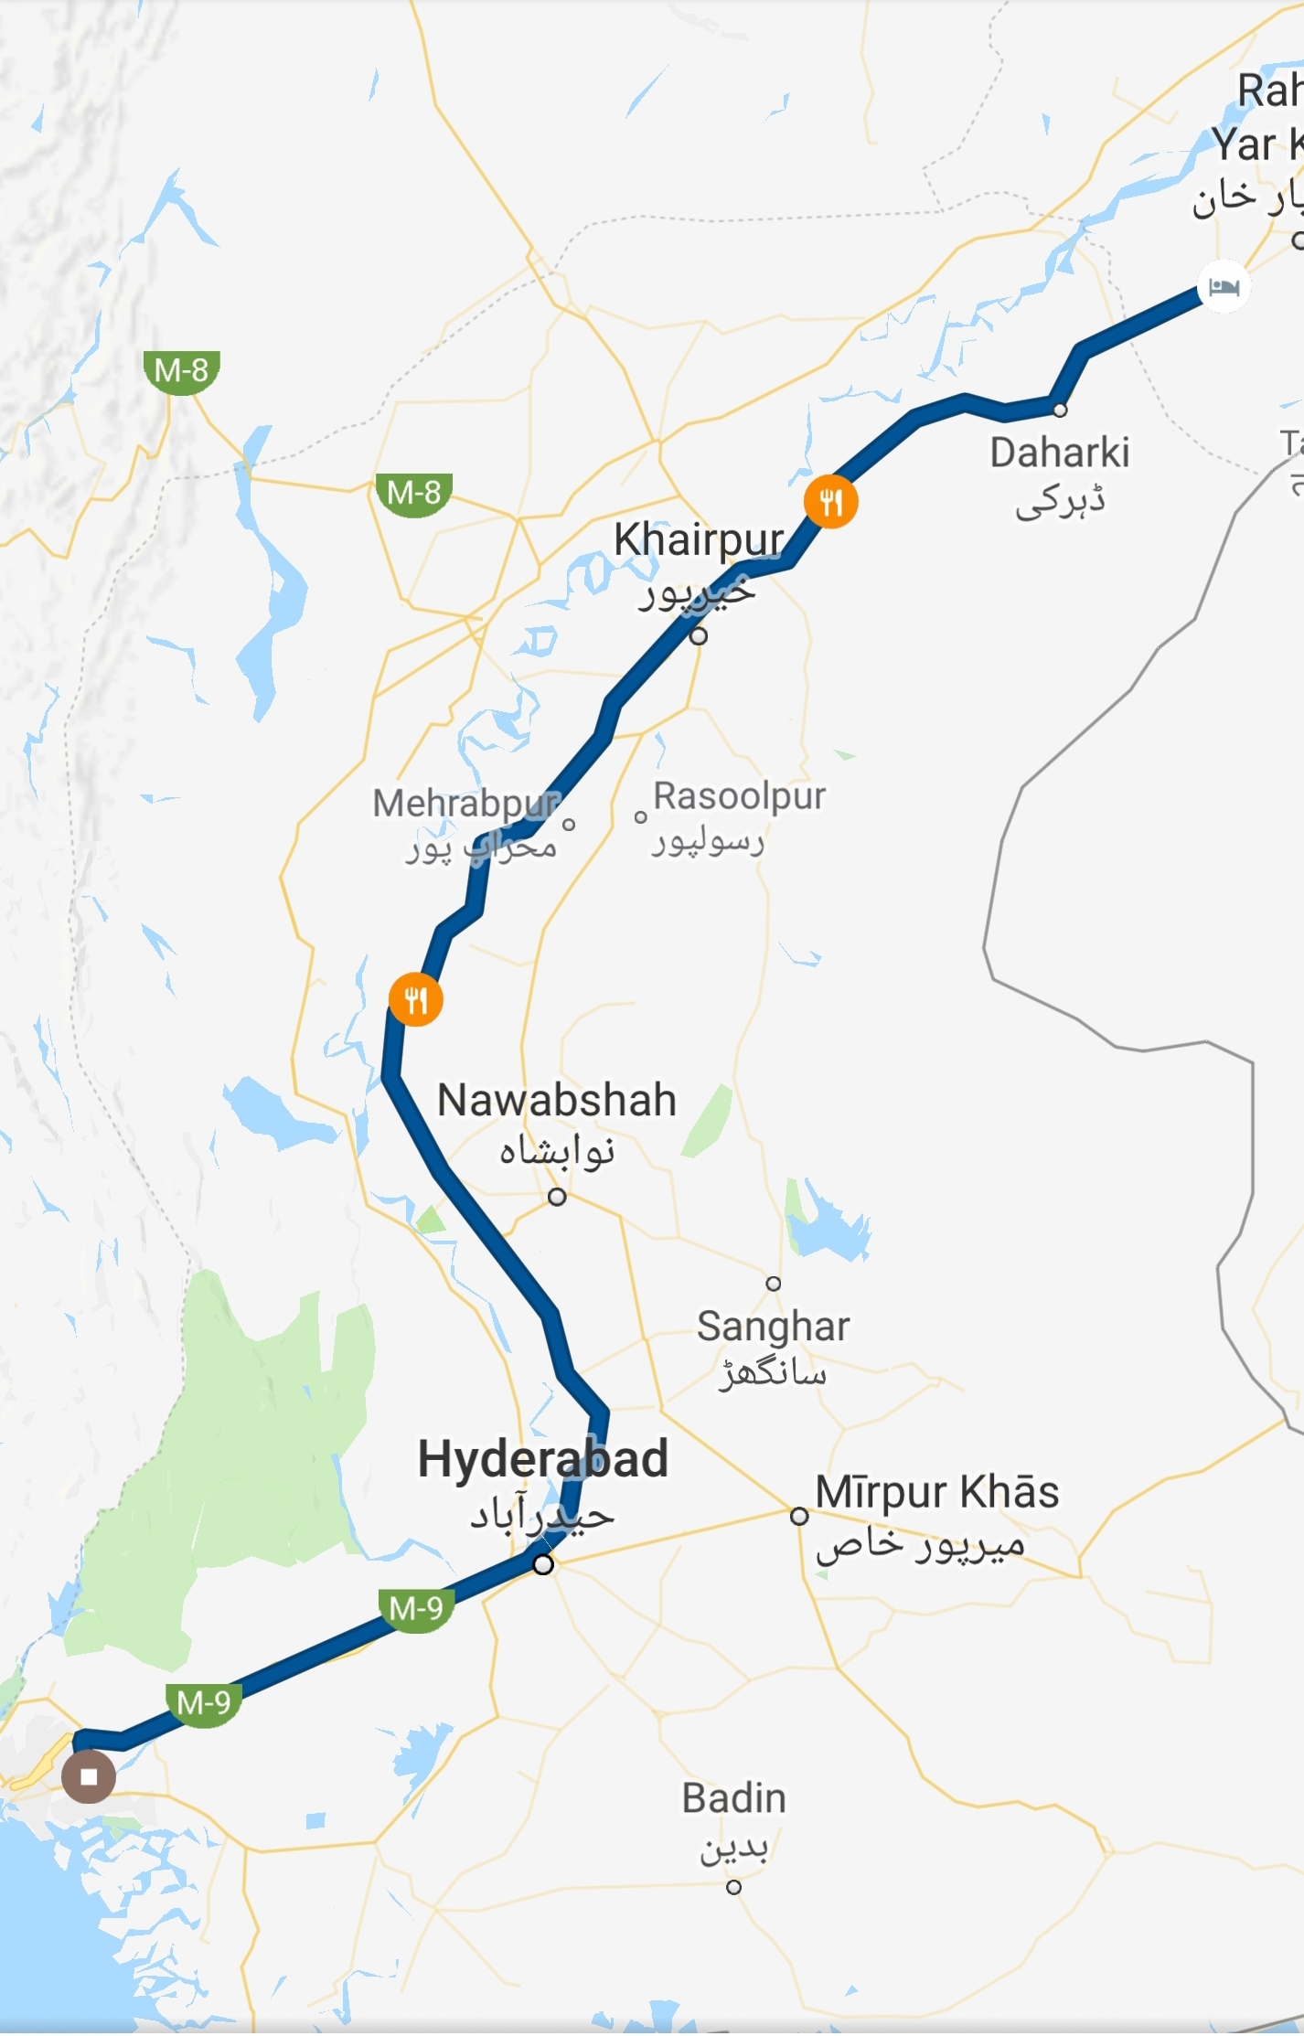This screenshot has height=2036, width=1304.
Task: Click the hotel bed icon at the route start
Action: tap(1224, 287)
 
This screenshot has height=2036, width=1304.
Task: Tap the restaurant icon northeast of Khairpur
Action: tap(830, 502)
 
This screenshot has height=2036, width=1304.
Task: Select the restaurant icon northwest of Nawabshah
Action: tap(416, 999)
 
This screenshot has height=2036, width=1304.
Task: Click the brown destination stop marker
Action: tap(89, 1776)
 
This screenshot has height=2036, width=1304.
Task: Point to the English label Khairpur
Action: tap(699, 540)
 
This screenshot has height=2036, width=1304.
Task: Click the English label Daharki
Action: tap(1060, 453)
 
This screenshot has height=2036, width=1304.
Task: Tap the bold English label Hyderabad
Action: tap(543, 1458)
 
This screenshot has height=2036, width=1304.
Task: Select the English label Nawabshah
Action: tap(557, 1100)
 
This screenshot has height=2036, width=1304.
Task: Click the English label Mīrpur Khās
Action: tap(937, 1492)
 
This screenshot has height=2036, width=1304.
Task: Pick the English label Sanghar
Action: tap(774, 1327)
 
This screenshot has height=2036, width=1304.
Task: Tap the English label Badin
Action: tap(734, 1798)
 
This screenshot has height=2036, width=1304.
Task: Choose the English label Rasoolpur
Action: tap(740, 795)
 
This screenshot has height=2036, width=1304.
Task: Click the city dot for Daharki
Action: tap(1060, 410)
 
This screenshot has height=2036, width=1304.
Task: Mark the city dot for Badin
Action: tap(733, 1887)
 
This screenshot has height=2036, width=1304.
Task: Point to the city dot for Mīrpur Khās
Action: tap(799, 1516)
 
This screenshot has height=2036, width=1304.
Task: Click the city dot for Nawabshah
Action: tap(557, 1197)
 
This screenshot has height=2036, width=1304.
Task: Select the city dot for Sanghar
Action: tap(774, 1284)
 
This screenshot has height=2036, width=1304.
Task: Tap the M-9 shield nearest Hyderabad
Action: tap(416, 1608)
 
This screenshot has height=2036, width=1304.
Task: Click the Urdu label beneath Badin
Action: tap(734, 1849)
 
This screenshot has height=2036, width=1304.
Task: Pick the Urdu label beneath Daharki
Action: tap(1061, 501)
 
